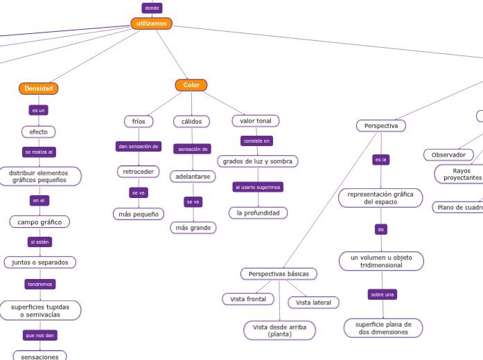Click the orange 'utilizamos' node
(x=151, y=24)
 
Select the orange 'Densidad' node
(x=38, y=89)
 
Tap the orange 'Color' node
(x=191, y=85)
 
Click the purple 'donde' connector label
(x=151, y=8)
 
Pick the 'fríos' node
(x=139, y=121)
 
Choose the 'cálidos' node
(x=191, y=121)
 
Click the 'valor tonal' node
(x=255, y=120)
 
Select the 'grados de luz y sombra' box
(x=257, y=161)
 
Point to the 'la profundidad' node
(x=258, y=213)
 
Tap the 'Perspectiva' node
(x=380, y=126)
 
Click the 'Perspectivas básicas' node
(x=279, y=273)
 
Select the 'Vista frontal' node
(x=247, y=299)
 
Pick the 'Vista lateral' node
(x=313, y=303)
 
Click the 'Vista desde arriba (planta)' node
(x=279, y=330)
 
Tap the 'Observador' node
(x=448, y=154)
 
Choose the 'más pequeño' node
(x=138, y=214)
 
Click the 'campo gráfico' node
(x=39, y=222)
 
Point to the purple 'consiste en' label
(x=256, y=141)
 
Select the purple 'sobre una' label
(x=382, y=294)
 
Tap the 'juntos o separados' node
(x=39, y=262)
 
